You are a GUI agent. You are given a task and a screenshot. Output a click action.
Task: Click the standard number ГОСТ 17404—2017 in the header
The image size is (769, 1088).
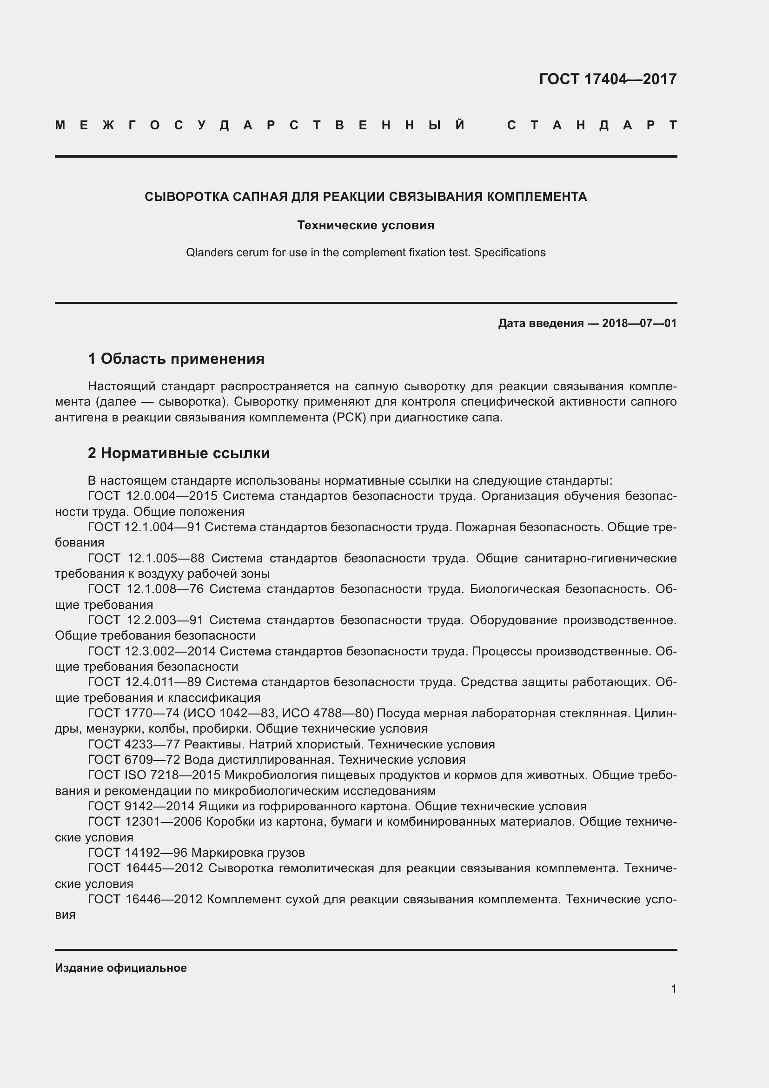[608, 79]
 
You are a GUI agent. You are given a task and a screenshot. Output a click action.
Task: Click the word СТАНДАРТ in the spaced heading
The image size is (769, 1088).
[591, 126]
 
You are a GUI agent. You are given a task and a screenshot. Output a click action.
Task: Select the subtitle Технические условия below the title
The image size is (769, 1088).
[365, 225]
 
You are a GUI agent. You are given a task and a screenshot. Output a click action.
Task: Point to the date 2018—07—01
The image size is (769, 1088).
[639, 323]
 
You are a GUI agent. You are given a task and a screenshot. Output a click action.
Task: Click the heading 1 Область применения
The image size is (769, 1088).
[176, 359]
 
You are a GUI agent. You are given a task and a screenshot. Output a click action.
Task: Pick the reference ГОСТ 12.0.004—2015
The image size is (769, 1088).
[152, 496]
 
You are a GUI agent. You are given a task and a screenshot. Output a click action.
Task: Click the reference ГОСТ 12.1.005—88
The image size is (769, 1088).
[146, 558]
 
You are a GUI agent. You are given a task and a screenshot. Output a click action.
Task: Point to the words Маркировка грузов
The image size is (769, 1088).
[248, 853]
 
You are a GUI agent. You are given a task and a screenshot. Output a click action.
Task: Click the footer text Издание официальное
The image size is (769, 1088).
[121, 968]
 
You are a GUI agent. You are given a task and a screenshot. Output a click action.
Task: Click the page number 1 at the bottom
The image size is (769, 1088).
[674, 989]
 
